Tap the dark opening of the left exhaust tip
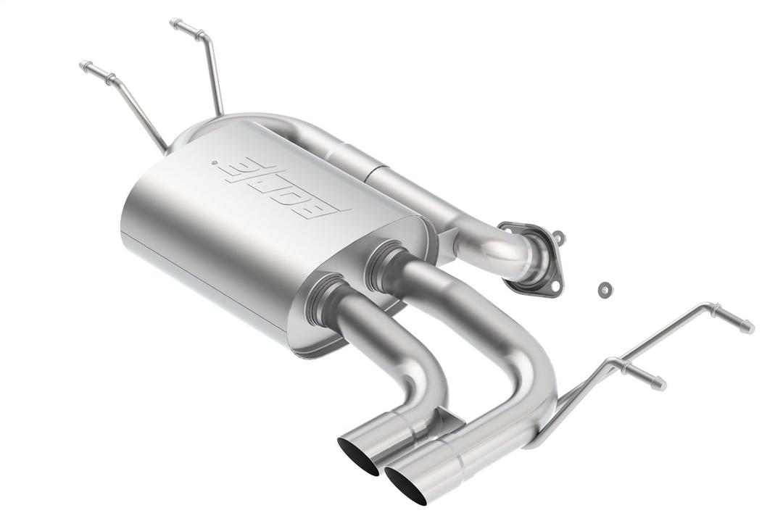[358, 455]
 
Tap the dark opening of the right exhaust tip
[407, 484]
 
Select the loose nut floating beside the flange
[603, 290]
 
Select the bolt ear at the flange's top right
[559, 237]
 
